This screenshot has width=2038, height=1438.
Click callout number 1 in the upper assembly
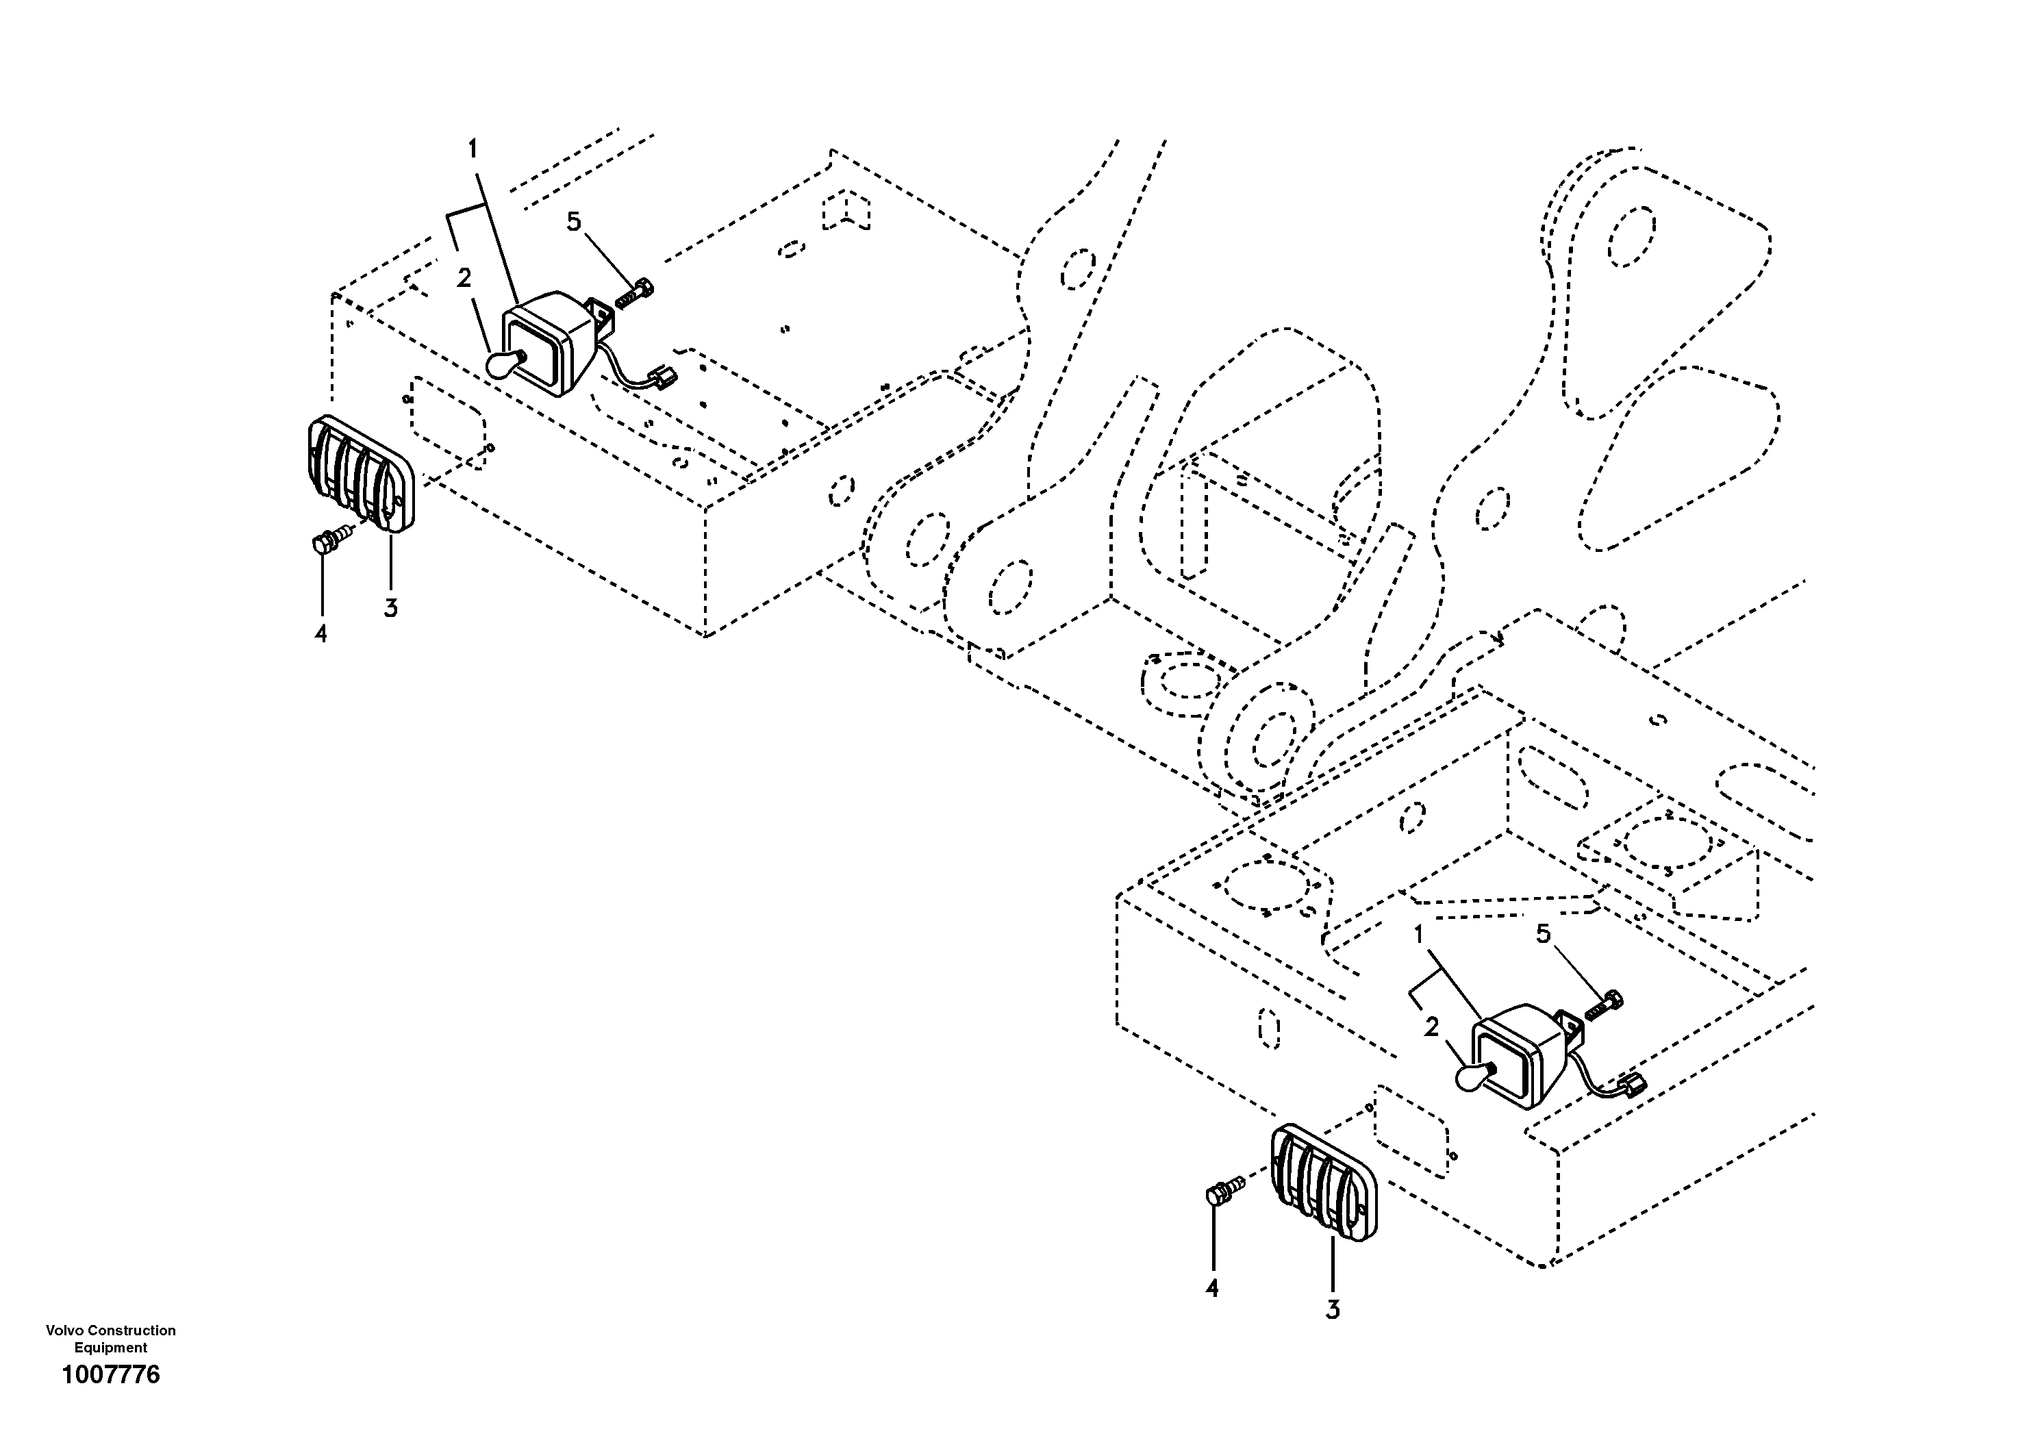[473, 149]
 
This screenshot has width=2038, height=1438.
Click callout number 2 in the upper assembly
[464, 278]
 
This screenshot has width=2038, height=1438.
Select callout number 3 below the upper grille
[390, 608]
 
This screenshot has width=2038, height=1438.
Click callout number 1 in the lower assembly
[1418, 934]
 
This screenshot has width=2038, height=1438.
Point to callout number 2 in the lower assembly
[1431, 1027]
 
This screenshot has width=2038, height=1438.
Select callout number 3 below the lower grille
[1333, 1309]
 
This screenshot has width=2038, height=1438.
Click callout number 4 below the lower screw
[1213, 1287]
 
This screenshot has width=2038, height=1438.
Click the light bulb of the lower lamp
[1472, 1076]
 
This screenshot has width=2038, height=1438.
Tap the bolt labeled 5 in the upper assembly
[633, 294]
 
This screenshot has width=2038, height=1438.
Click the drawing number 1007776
[111, 1375]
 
